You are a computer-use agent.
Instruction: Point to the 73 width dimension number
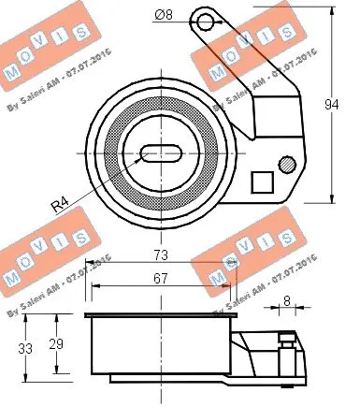tap(161, 255)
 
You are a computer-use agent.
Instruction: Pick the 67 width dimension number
tap(161, 279)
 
